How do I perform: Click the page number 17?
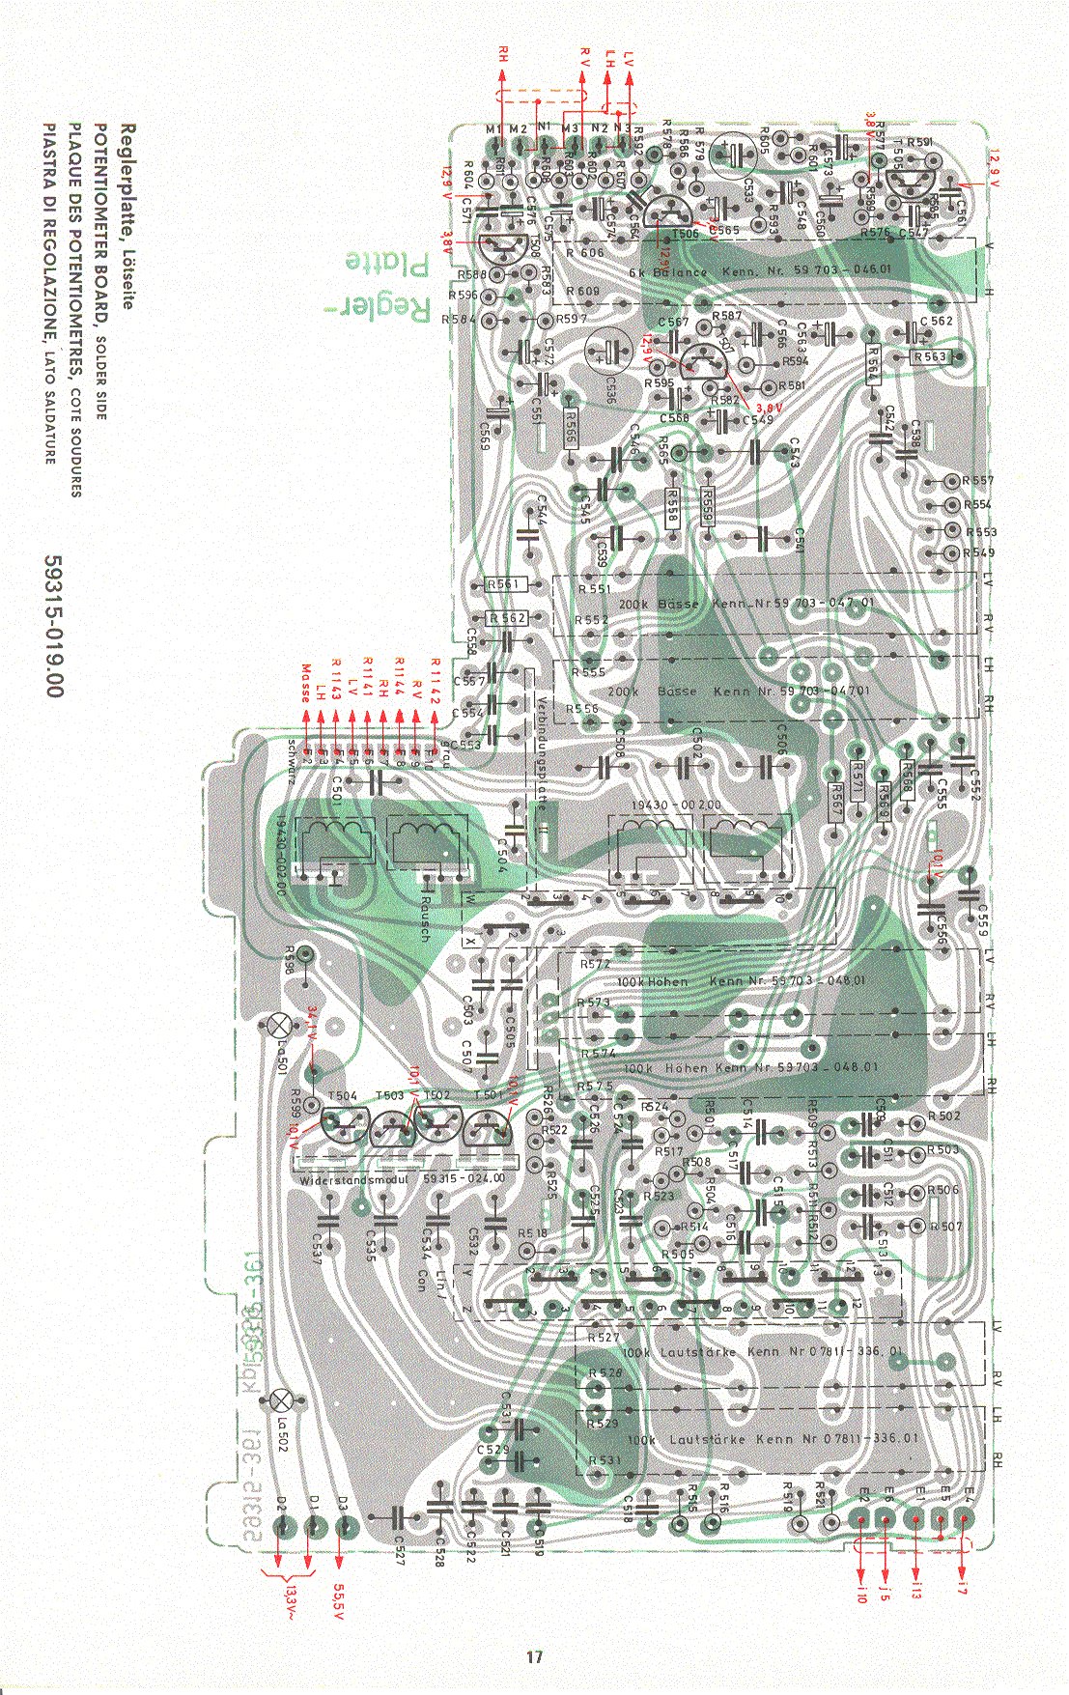(x=534, y=1657)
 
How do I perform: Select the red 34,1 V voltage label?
(x=311, y=1025)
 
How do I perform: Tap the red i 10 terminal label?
(x=861, y=1594)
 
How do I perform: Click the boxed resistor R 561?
(x=503, y=585)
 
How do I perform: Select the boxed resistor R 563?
(x=930, y=356)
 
